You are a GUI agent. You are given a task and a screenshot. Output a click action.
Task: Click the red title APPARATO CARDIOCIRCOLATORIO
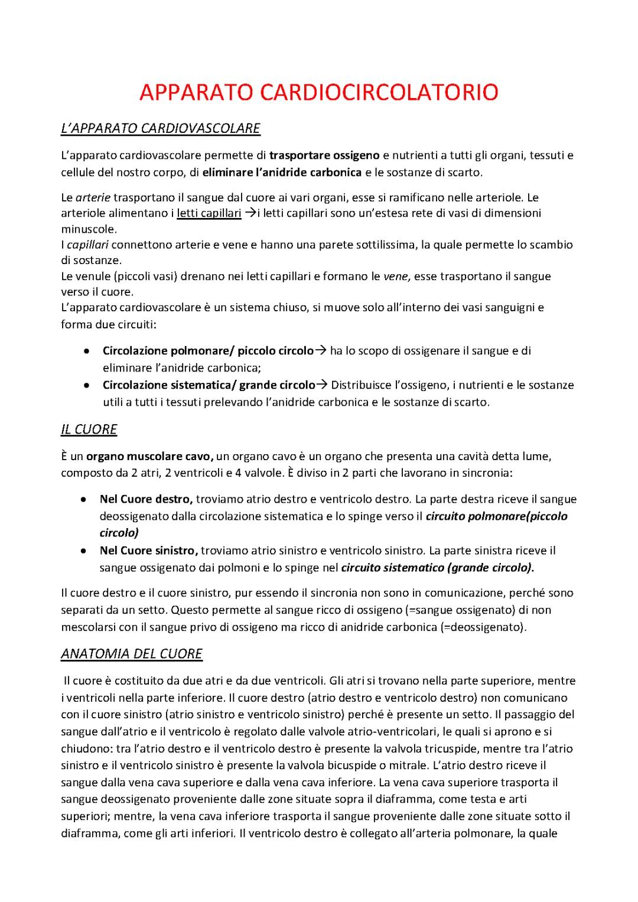319,93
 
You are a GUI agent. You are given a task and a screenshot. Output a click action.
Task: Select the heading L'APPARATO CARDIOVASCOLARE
161,128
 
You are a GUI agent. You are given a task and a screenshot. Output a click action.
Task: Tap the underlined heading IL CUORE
89,429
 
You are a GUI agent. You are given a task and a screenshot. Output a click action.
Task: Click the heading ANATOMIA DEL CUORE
132,654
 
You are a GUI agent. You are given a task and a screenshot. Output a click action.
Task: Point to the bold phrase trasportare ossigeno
324,156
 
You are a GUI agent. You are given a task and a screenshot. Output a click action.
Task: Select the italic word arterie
93,197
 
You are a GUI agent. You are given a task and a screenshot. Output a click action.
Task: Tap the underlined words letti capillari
209,213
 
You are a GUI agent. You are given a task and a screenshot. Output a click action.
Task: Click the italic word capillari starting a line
86,245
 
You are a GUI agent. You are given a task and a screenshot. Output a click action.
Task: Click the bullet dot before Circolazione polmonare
87,351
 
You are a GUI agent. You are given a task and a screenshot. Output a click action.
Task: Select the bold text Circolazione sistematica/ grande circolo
209,385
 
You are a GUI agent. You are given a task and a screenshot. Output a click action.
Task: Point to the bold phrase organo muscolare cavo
150,457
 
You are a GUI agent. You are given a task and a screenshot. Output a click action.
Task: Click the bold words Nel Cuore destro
146,499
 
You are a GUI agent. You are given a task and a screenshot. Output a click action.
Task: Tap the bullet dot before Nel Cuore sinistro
84,551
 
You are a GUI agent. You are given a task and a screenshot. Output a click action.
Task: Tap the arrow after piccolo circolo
321,351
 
